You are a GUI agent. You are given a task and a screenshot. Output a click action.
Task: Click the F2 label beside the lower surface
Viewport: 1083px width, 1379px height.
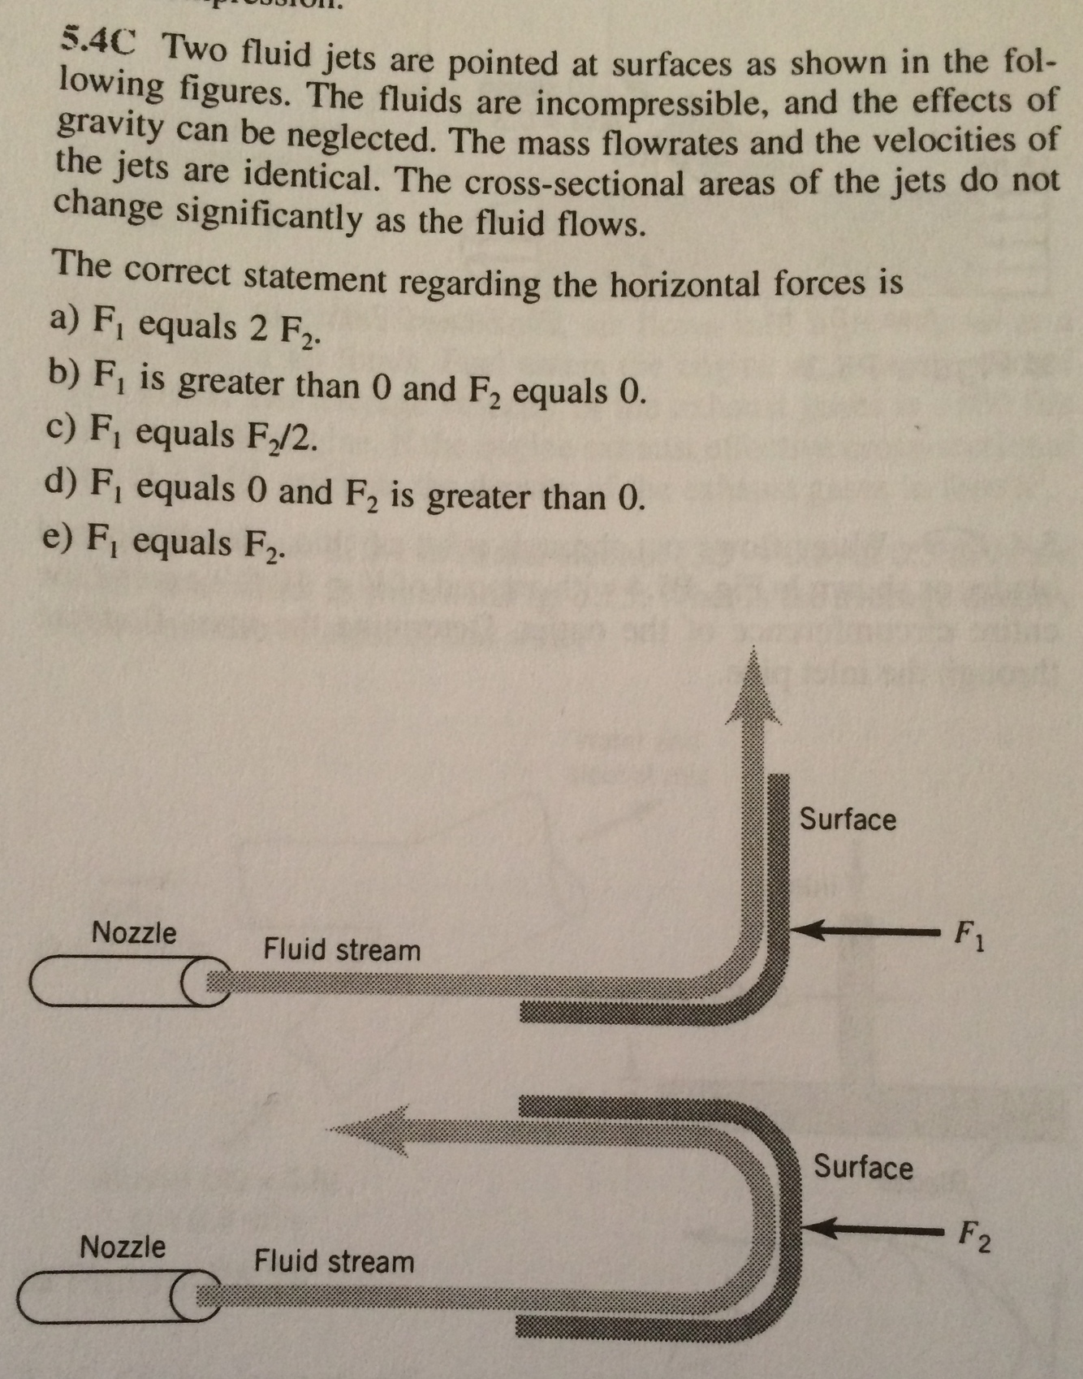click(973, 1236)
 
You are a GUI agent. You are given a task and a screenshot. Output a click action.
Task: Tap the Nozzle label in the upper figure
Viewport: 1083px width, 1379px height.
click(134, 932)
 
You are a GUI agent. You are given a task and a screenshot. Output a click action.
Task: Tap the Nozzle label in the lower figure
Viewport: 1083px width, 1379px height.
click(123, 1246)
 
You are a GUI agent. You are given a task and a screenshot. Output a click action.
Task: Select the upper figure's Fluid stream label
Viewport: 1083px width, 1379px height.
click(342, 949)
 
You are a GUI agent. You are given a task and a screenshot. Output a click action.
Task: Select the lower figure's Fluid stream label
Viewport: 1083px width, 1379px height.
click(334, 1261)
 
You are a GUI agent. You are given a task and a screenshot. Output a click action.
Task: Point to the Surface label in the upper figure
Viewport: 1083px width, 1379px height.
click(848, 819)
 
